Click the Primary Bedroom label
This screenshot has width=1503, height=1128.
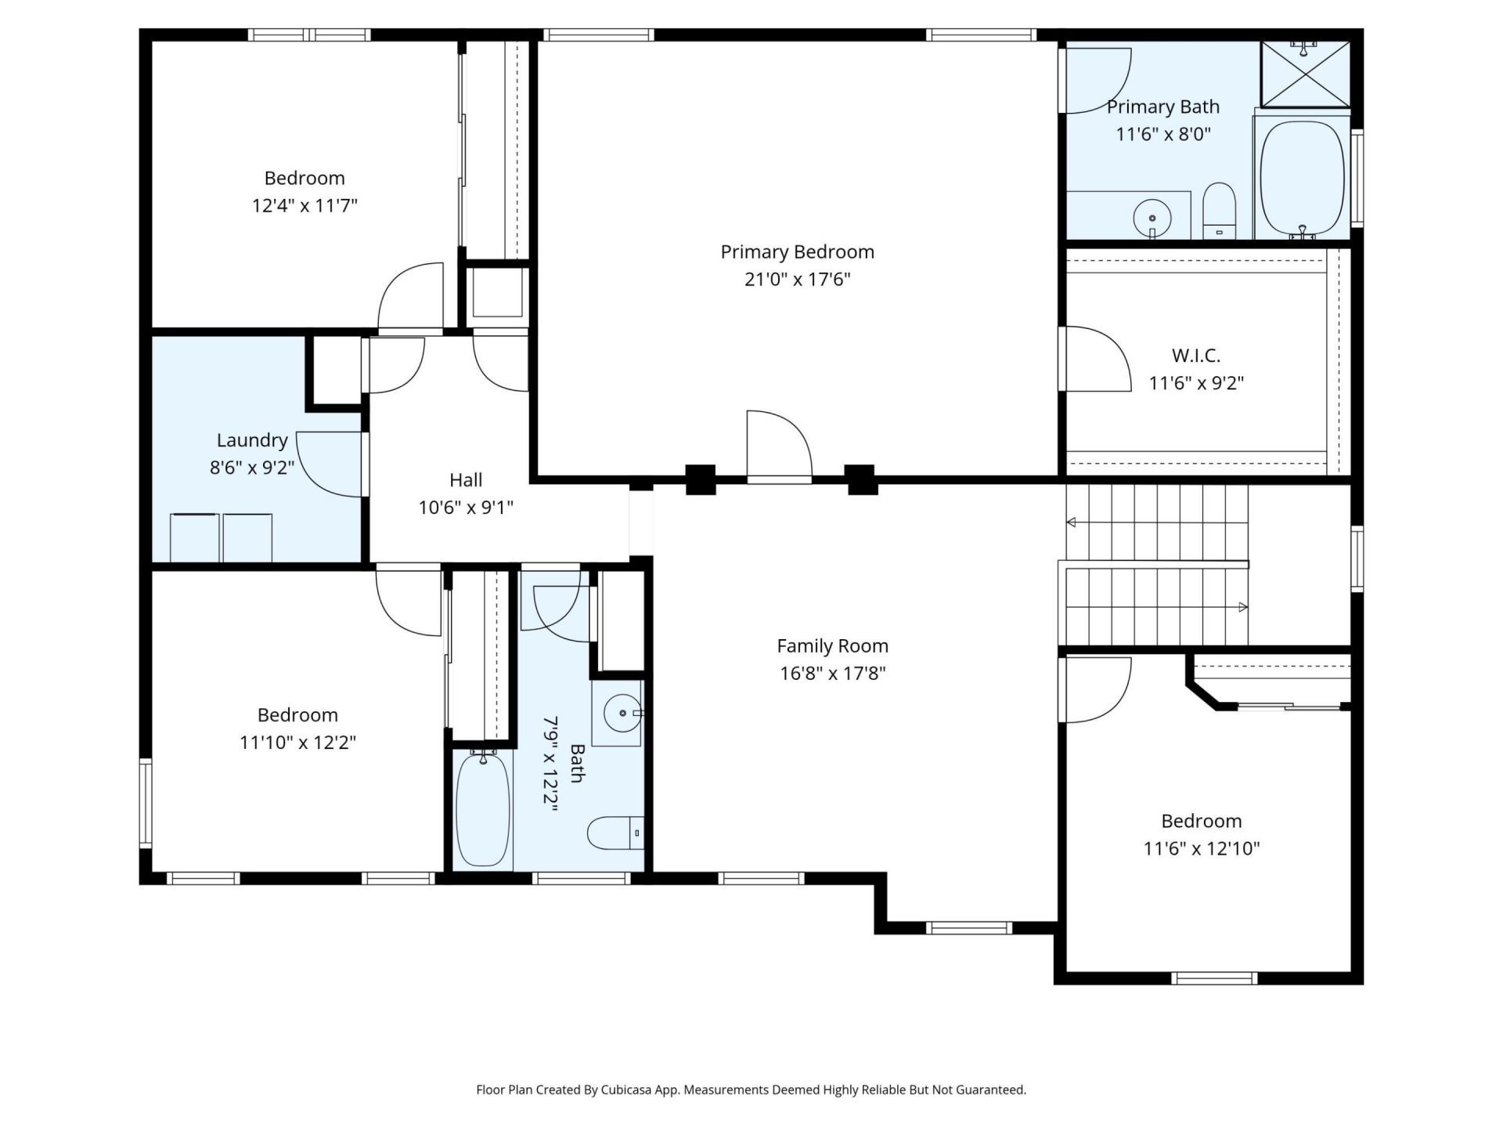click(797, 251)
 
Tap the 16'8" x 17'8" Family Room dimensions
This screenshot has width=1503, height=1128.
click(832, 673)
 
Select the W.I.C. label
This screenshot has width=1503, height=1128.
click(1195, 356)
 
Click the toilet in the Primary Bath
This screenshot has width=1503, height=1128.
click(1218, 210)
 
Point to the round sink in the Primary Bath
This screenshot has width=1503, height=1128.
click(1152, 215)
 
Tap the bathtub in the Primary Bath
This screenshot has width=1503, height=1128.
click(1302, 179)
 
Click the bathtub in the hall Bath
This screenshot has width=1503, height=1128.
click(483, 808)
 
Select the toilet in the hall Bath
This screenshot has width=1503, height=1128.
click(615, 833)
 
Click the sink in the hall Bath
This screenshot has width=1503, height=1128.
click(623, 713)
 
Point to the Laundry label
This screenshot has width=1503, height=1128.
click(252, 440)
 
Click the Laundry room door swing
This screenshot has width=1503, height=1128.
click(329, 465)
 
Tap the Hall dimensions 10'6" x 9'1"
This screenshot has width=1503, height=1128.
click(466, 508)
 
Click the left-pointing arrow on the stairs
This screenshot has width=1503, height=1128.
click(1072, 522)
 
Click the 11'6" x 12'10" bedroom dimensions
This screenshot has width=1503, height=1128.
click(1201, 848)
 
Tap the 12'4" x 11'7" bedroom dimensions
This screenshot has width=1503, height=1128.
click(305, 206)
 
